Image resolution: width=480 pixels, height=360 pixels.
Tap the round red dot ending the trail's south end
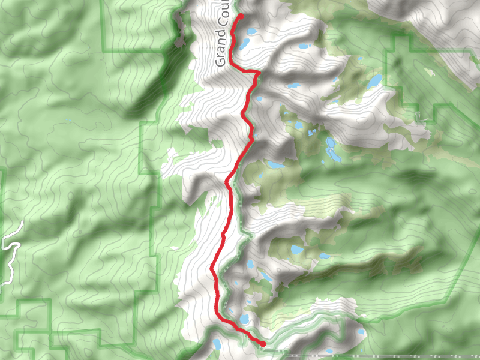(x=263, y=343)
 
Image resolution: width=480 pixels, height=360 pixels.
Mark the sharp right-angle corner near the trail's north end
(x=259, y=73)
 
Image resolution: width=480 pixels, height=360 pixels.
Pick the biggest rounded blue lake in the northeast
(x=374, y=80)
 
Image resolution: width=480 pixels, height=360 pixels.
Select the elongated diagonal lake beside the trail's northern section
(x=244, y=44)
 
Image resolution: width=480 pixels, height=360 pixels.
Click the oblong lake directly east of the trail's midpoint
(x=276, y=164)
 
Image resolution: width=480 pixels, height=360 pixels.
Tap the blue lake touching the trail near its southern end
(x=244, y=319)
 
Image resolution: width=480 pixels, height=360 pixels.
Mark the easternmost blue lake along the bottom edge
(x=361, y=331)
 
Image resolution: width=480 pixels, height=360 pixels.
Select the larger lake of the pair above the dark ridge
(x=297, y=250)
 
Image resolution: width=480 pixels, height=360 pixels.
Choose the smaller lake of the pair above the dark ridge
(x=324, y=256)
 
